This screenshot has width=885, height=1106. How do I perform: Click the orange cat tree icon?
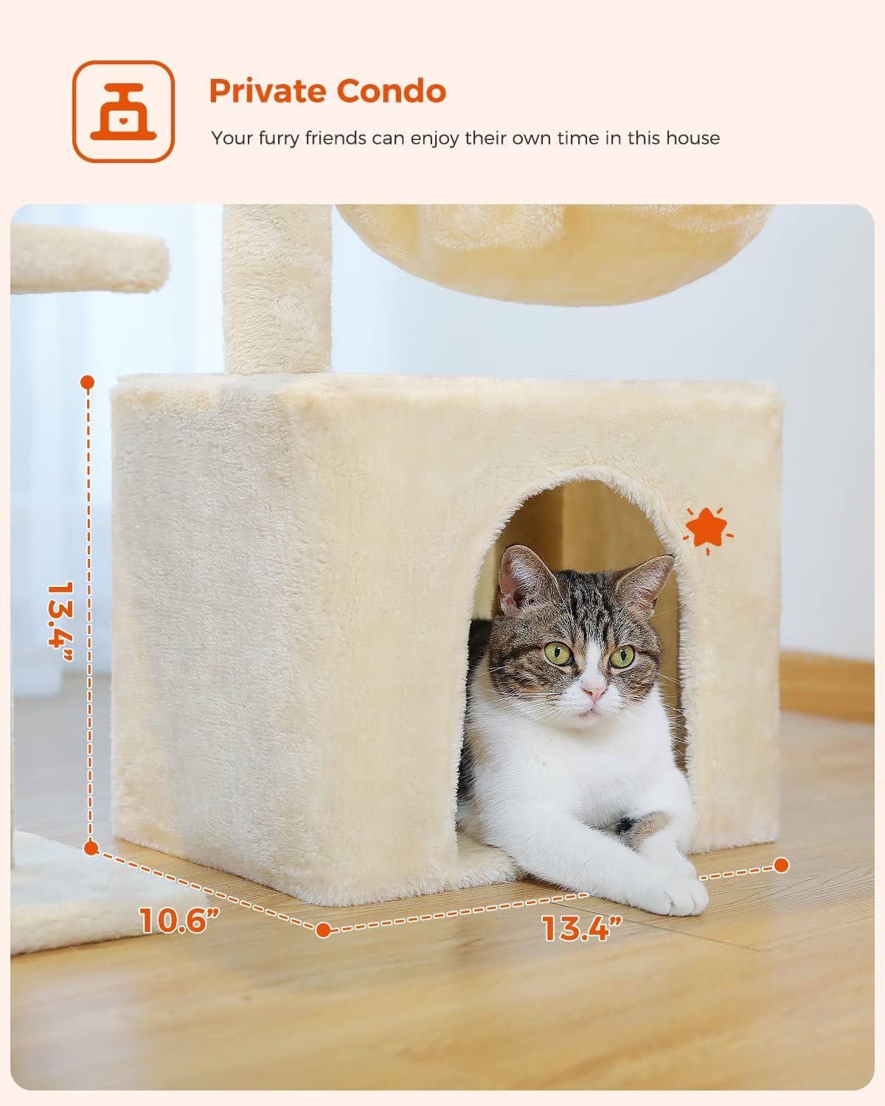(x=123, y=111)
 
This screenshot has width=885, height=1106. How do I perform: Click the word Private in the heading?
(x=267, y=91)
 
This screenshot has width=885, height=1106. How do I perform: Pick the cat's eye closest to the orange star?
(x=621, y=655)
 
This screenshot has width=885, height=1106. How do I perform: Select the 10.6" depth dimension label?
(x=179, y=919)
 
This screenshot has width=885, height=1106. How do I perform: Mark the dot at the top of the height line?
(x=88, y=382)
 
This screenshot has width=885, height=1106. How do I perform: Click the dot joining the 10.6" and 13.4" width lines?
(x=323, y=930)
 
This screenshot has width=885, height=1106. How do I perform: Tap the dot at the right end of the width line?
(x=781, y=865)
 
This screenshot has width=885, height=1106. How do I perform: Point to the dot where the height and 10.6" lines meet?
(x=91, y=848)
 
